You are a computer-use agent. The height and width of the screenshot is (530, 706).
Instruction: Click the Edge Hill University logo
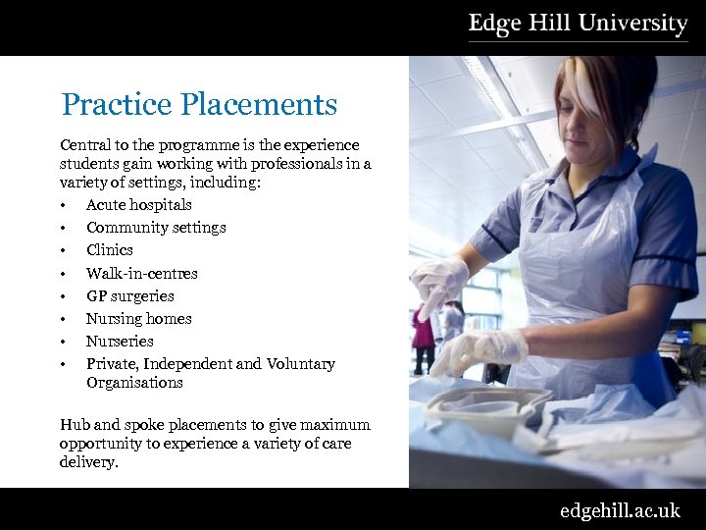click(578, 25)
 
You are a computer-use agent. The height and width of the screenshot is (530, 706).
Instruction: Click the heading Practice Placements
click(199, 104)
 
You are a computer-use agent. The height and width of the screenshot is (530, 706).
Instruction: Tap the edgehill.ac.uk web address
click(619, 510)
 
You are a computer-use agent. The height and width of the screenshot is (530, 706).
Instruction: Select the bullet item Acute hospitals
click(138, 205)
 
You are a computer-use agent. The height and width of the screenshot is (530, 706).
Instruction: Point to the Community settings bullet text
click(156, 228)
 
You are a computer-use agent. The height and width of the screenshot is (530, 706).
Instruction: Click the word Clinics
click(109, 250)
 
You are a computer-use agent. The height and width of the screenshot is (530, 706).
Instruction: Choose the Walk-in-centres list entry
click(141, 273)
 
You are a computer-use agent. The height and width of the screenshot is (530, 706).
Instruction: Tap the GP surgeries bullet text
click(129, 295)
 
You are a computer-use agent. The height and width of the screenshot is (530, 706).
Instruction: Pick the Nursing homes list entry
click(138, 318)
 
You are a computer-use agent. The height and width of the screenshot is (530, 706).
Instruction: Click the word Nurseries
click(120, 341)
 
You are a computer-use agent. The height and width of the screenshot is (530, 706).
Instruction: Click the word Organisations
click(134, 383)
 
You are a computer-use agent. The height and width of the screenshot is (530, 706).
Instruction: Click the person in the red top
click(423, 329)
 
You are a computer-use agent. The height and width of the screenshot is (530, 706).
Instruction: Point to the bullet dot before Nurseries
click(63, 342)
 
